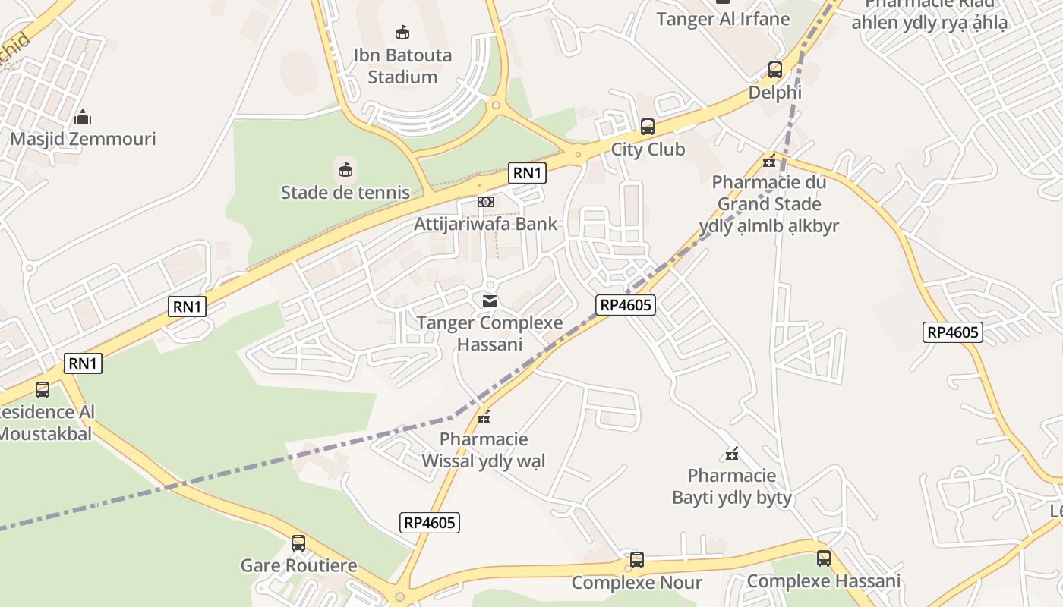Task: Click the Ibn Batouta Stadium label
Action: [x=402, y=66]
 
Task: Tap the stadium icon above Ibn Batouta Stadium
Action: [x=402, y=33]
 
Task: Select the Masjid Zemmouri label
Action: [x=83, y=139]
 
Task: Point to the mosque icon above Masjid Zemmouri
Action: [x=83, y=117]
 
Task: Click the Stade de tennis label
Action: [x=345, y=193]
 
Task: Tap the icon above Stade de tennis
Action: [x=345, y=168]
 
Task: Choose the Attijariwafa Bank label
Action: [x=485, y=224]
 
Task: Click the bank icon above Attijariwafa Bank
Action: [x=485, y=202]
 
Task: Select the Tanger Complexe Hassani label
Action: [x=490, y=333]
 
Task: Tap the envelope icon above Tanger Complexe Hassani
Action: [x=490, y=301]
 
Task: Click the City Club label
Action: [x=648, y=149]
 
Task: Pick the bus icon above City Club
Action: [x=648, y=127]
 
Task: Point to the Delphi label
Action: [x=774, y=93]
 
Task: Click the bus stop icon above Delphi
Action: [x=774, y=70]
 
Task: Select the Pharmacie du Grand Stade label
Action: [x=769, y=203]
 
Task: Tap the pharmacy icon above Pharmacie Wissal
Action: [x=484, y=417]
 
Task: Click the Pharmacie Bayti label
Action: [x=732, y=486]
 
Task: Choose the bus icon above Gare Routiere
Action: [x=298, y=543]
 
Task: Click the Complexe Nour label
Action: [x=636, y=583]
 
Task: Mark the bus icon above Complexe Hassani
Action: [x=824, y=559]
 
